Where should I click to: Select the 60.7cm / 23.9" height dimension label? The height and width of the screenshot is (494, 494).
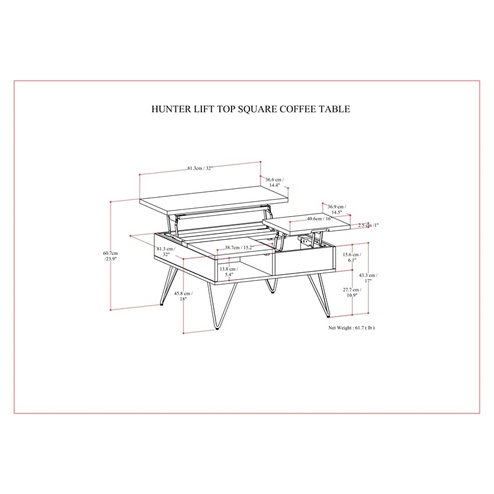pyautogui.click(x=111, y=256)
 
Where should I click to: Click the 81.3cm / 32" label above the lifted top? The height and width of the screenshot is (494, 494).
pyautogui.click(x=200, y=168)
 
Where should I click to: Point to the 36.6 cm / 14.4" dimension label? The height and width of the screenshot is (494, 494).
pyautogui.click(x=274, y=182)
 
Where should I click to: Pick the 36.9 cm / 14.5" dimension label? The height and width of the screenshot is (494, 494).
pyautogui.click(x=337, y=209)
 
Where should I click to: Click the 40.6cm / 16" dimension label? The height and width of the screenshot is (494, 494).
pyautogui.click(x=319, y=219)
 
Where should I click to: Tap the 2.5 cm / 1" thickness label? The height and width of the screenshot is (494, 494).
pyautogui.click(x=368, y=225)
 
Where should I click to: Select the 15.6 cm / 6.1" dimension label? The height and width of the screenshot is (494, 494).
pyautogui.click(x=352, y=257)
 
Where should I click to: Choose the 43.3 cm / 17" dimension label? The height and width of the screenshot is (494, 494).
pyautogui.click(x=368, y=278)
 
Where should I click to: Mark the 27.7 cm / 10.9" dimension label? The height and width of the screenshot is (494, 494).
pyautogui.click(x=352, y=292)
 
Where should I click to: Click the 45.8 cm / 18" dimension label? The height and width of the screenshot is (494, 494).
pyautogui.click(x=183, y=296)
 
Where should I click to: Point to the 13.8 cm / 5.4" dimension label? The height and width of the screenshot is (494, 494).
pyautogui.click(x=228, y=272)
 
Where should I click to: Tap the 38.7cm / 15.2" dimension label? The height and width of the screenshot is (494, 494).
pyautogui.click(x=240, y=248)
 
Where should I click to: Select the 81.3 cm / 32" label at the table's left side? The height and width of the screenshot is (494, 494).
pyautogui.click(x=166, y=251)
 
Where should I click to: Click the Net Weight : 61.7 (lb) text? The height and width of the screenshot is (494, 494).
pyautogui.click(x=351, y=328)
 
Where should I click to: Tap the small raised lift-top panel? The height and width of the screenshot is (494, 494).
pyautogui.click(x=306, y=225)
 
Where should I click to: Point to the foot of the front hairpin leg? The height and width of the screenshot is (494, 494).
pyautogui.click(x=217, y=329)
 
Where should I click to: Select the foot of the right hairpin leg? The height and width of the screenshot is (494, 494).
pyautogui.click(x=329, y=316)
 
